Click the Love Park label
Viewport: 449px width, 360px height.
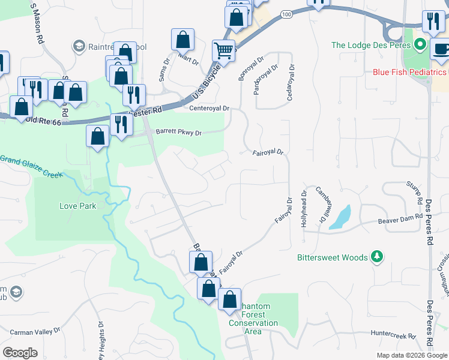pos(77,205)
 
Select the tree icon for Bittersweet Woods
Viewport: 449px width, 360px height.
pos(377,257)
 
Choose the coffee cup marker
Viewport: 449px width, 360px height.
pos(441,49)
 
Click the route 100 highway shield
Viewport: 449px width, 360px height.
pos(286,13)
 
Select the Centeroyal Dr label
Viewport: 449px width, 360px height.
pos(209,109)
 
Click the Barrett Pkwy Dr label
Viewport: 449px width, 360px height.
pos(179,133)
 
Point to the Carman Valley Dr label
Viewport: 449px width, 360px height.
pos(35,331)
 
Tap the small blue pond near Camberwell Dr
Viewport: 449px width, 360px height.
pos(340,217)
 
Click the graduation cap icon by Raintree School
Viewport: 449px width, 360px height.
pos(79,46)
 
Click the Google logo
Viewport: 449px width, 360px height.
pos(20,353)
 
